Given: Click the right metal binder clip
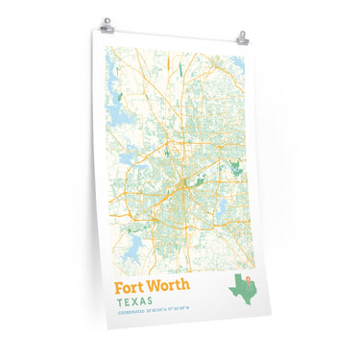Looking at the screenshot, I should [x=242, y=39].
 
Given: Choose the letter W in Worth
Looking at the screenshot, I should [x=156, y=285].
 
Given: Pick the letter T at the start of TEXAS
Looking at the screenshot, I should [x=119, y=300].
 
